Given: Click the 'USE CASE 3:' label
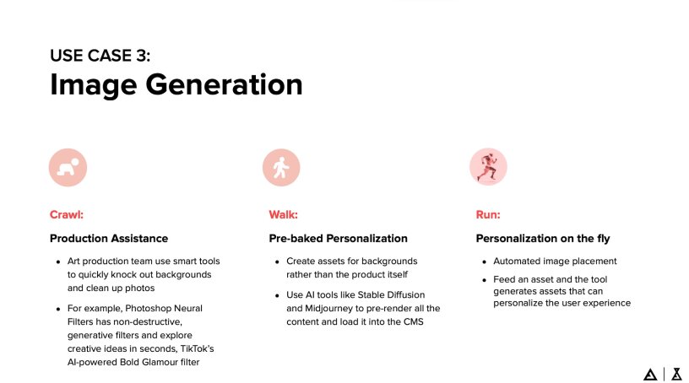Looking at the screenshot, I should [x=100, y=57].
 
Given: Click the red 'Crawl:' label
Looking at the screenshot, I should [x=66, y=214].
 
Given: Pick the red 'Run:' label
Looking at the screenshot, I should [x=488, y=214].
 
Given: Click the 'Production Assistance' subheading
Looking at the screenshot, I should [x=109, y=239].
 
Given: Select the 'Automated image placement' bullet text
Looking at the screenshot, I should [x=556, y=262].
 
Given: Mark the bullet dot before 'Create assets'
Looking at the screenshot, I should [x=277, y=262].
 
